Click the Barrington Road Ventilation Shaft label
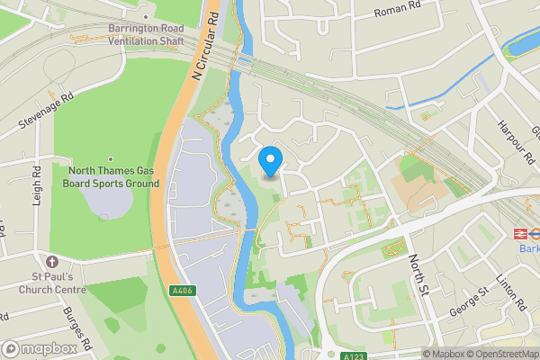(146, 34)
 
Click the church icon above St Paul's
(53, 261)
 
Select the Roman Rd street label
(397, 13)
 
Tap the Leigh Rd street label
(38, 185)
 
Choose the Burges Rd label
(77, 329)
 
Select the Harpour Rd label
(515, 142)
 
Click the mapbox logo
(38, 348)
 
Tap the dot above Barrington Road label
(146, 16)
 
